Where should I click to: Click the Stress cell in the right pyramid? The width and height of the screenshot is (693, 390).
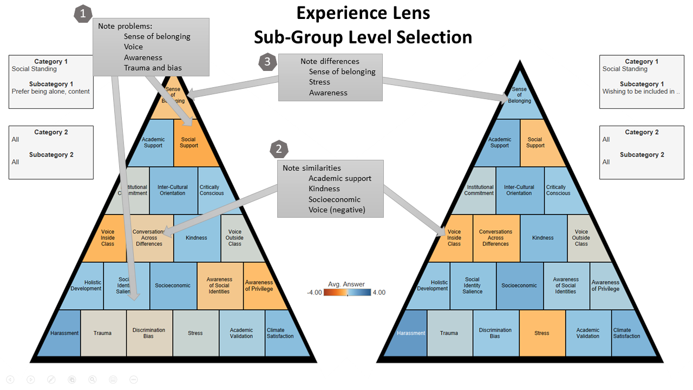(x=542, y=333)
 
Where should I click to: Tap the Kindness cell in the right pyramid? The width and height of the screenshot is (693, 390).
(x=543, y=238)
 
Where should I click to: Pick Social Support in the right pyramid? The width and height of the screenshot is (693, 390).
(x=535, y=142)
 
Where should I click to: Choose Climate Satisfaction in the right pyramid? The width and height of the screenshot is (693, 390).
(x=626, y=333)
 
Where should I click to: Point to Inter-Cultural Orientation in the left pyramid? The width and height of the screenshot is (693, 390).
(x=172, y=190)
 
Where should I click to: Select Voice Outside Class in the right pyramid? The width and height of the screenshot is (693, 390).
(x=581, y=238)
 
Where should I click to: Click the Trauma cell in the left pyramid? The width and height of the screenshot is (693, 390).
(x=102, y=333)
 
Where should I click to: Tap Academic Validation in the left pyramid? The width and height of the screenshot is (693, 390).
(x=241, y=333)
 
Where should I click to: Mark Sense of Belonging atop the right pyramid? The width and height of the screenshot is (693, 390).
(x=519, y=95)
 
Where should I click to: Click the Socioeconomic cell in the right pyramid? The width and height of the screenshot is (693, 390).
(x=519, y=285)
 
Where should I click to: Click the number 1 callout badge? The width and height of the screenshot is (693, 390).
(x=83, y=14)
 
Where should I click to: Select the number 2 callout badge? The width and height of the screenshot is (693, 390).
(x=279, y=149)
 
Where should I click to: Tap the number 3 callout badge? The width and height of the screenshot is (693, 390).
(x=267, y=61)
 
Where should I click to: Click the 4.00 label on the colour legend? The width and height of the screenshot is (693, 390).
(x=379, y=292)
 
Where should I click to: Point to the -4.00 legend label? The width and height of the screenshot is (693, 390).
(x=315, y=292)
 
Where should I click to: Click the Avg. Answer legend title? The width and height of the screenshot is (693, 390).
(x=346, y=284)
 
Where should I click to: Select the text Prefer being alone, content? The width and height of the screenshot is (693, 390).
(x=51, y=92)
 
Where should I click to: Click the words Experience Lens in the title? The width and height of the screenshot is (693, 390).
(x=363, y=13)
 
